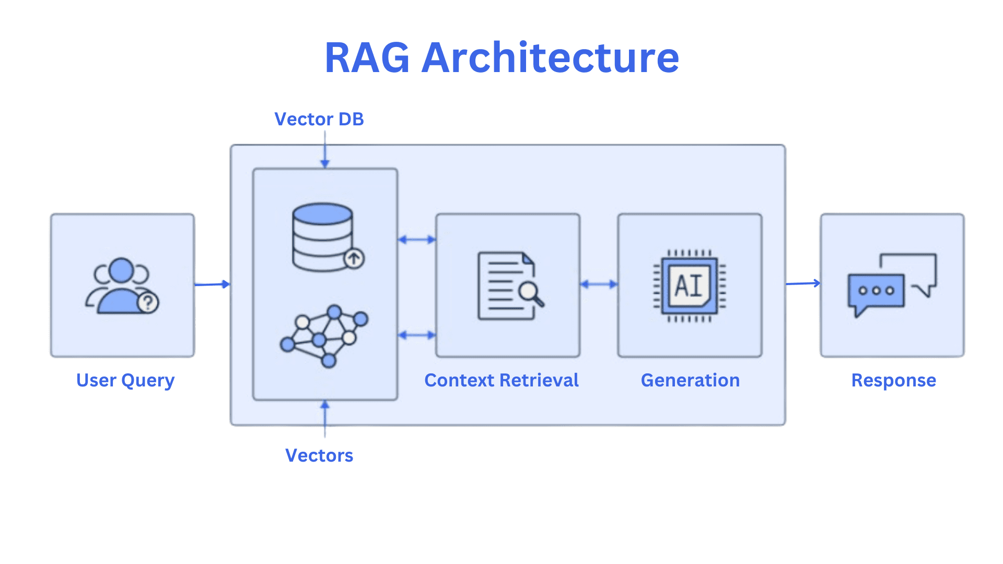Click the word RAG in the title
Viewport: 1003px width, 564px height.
[x=367, y=58]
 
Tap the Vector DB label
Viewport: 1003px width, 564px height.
[x=319, y=119]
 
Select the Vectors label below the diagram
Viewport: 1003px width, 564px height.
[x=319, y=455]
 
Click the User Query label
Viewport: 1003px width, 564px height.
[x=125, y=380]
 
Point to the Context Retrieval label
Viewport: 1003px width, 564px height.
[x=501, y=380]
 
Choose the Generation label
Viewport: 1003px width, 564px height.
[x=690, y=380]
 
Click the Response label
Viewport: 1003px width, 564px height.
[x=893, y=380]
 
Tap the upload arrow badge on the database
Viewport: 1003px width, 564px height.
[x=354, y=258]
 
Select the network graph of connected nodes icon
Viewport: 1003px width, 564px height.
[x=324, y=336]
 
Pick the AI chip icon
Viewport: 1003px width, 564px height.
[x=690, y=286]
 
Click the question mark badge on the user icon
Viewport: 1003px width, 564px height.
[x=148, y=302]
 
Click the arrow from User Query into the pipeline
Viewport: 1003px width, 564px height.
[x=212, y=284]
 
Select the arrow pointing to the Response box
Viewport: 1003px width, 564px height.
[x=802, y=284]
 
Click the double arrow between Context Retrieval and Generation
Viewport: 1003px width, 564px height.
[x=599, y=284]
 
